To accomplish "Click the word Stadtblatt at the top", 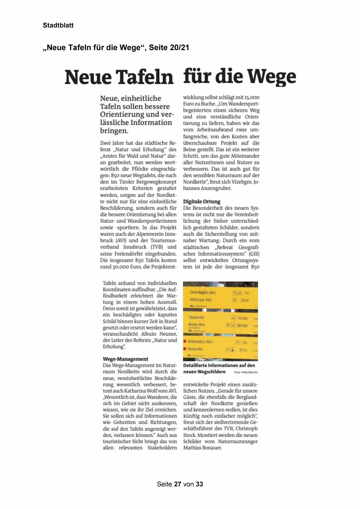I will (x=58, y=25).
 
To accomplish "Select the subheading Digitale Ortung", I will (x=202, y=201).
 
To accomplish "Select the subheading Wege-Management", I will (x=125, y=359).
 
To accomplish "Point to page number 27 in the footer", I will (x=178, y=484).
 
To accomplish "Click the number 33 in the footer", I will (x=199, y=484).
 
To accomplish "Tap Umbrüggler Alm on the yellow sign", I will (x=202, y=293).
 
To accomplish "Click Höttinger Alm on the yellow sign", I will (x=200, y=300).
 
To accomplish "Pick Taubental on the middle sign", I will (x=196, y=317).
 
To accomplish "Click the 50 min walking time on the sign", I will (x=242, y=326).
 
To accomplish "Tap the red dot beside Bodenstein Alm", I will (x=185, y=342).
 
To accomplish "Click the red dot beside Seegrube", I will (x=185, y=349).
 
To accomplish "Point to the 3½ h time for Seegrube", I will (x=243, y=350).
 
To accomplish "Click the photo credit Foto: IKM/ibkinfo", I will (x=246, y=372).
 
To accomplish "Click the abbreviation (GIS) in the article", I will (x=254, y=254).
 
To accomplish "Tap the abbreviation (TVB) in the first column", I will (x=157, y=247).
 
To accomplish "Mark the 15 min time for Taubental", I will (x=242, y=318).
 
